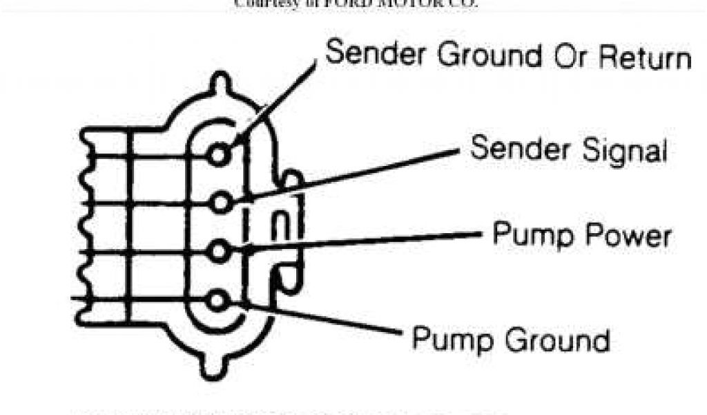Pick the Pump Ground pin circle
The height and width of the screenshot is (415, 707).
tap(219, 301)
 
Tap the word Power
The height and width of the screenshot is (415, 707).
tap(627, 236)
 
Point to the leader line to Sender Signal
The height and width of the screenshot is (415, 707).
tap(352, 174)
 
